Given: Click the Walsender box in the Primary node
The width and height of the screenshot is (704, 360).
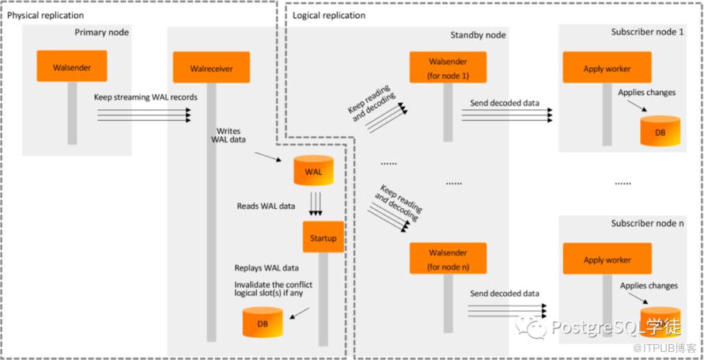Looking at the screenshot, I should click(72, 68).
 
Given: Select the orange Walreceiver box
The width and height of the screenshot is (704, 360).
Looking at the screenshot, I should click(211, 68).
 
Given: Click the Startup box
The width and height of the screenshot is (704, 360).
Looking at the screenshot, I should click(323, 237).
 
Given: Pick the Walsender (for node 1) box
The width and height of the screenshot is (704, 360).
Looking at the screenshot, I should click(449, 68).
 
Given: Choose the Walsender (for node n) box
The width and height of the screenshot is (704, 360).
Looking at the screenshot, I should click(449, 260).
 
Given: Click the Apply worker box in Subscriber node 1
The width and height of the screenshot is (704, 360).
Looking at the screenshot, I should click(607, 68).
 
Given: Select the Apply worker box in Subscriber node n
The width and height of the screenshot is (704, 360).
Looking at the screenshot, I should click(607, 260).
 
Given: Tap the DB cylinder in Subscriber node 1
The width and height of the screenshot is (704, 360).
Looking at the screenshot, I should click(659, 131).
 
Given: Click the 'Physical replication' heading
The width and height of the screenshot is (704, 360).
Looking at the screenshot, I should click(45, 15).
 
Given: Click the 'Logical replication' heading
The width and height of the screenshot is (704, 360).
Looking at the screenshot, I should click(329, 15).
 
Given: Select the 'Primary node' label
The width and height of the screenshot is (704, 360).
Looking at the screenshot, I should click(102, 32).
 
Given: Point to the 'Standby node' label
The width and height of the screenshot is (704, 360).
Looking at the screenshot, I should click(478, 35).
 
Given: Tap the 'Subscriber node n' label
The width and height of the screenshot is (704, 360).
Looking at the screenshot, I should click(648, 224).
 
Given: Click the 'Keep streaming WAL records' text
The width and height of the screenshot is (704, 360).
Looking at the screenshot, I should click(146, 97).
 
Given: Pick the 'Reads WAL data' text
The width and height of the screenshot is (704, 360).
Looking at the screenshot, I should click(266, 206).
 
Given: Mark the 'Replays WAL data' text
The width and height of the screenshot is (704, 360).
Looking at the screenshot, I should click(267, 268).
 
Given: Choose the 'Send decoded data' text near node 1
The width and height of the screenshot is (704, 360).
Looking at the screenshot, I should click(505, 103).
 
